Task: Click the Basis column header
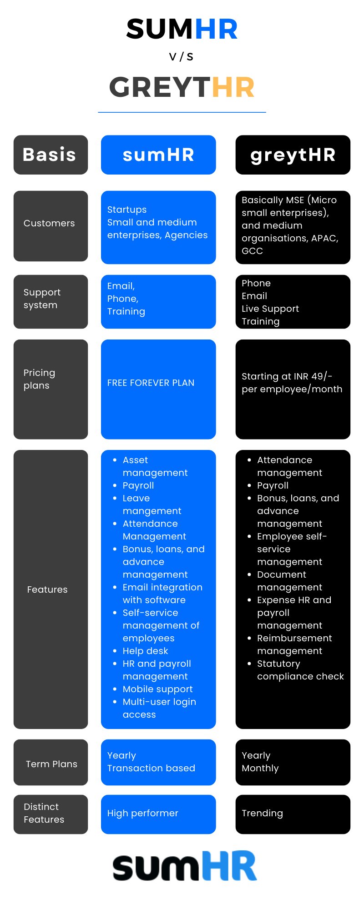coord(51,155)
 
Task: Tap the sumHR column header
coord(158,155)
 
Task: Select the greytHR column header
coord(293,155)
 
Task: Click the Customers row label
coord(49,223)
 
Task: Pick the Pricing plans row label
coord(39,379)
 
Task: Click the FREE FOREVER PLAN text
coord(151,383)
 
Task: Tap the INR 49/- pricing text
coord(292,383)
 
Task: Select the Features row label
coord(47,589)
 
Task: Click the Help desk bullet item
coord(145,651)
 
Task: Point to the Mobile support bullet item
coord(157,689)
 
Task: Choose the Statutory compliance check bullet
coord(300,670)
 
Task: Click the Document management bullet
coord(289,581)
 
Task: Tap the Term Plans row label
coord(51,764)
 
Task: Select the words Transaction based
coord(151,768)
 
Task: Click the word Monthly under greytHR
coord(260,768)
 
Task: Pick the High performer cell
coord(158,814)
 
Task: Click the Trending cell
coord(293,814)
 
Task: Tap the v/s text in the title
coord(181,56)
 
